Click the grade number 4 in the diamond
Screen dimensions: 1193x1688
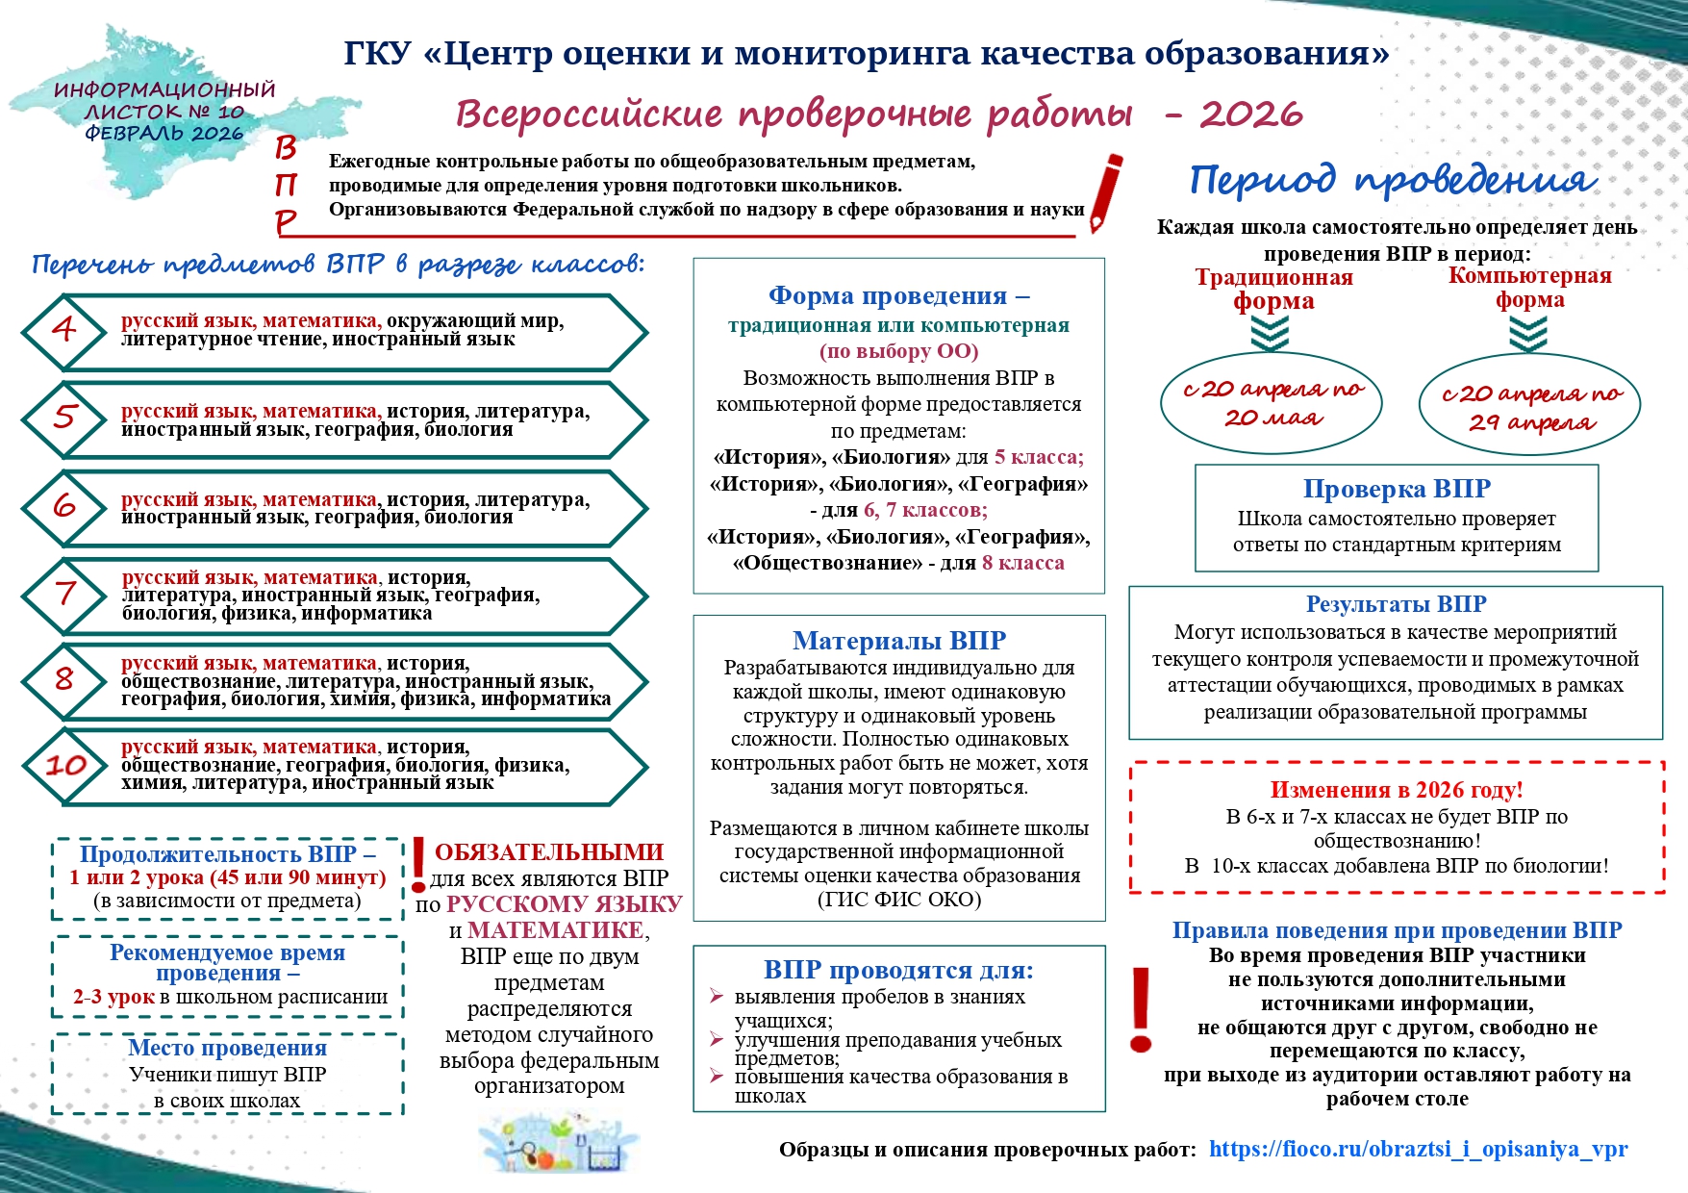point(63,330)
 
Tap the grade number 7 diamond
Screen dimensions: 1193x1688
point(64,593)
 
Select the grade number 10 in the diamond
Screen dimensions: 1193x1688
point(65,766)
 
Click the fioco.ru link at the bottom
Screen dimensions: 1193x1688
point(1418,1149)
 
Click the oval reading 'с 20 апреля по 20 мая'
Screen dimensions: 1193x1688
point(1272,403)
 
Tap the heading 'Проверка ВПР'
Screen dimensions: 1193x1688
point(1397,489)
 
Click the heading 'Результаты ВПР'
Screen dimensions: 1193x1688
point(1396,604)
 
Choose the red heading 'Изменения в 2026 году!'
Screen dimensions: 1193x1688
point(1397,790)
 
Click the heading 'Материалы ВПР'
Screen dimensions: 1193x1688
point(898,641)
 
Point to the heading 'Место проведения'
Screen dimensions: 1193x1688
point(227,1048)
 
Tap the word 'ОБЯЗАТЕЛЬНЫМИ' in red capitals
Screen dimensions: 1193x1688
point(548,852)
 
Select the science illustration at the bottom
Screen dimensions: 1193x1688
point(558,1144)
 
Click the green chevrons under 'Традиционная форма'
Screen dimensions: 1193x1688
point(1271,335)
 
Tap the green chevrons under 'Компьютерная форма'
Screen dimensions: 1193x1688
point(1528,335)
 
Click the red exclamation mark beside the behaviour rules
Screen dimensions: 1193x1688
point(1141,1010)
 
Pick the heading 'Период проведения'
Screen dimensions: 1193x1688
point(1393,180)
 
